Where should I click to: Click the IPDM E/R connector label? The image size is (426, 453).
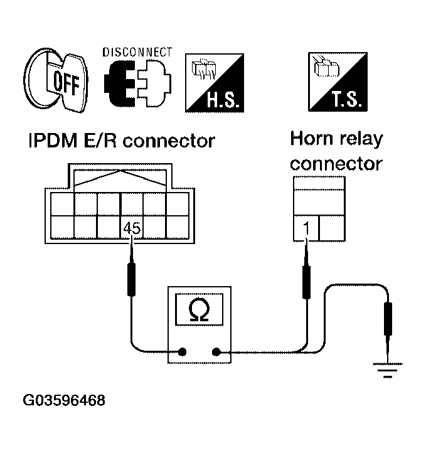[x=121, y=141]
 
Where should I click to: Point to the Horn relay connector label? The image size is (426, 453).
[x=336, y=151]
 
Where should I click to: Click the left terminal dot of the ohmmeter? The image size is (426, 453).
[x=183, y=352]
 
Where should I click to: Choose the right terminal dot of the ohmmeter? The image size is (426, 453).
[x=216, y=352]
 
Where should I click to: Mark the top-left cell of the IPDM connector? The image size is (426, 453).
[x=62, y=203]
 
